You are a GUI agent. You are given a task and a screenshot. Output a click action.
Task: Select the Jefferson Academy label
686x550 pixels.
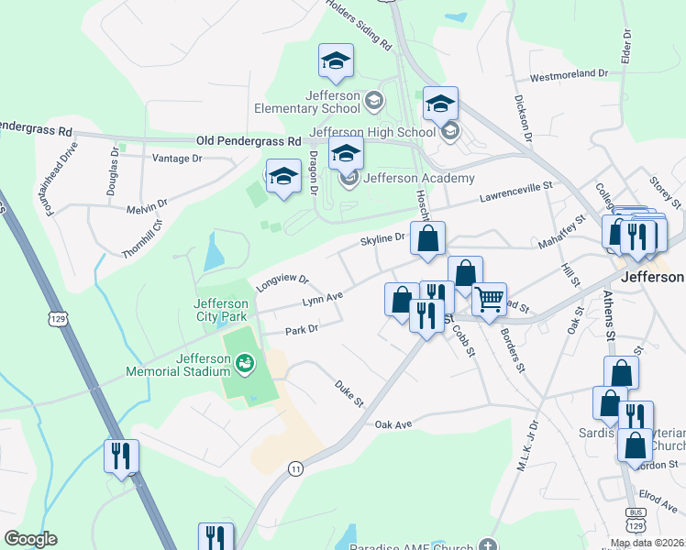pos(419,178)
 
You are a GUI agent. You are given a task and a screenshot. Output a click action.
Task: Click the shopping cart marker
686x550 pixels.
pos(489,299)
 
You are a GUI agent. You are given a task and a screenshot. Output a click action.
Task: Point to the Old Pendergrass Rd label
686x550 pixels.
pos(249,142)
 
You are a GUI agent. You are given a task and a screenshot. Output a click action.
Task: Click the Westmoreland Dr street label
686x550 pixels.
pos(569,72)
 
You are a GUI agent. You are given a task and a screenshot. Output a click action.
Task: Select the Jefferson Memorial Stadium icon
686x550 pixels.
pos(244,365)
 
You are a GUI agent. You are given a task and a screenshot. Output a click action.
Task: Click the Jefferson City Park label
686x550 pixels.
pos(221,310)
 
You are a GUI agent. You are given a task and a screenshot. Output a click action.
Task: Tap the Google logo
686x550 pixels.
pos(30,539)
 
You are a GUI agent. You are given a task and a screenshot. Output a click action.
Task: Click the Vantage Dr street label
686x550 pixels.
pos(176,159)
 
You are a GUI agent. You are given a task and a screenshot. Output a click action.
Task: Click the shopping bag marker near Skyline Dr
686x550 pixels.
pos(427,240)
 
